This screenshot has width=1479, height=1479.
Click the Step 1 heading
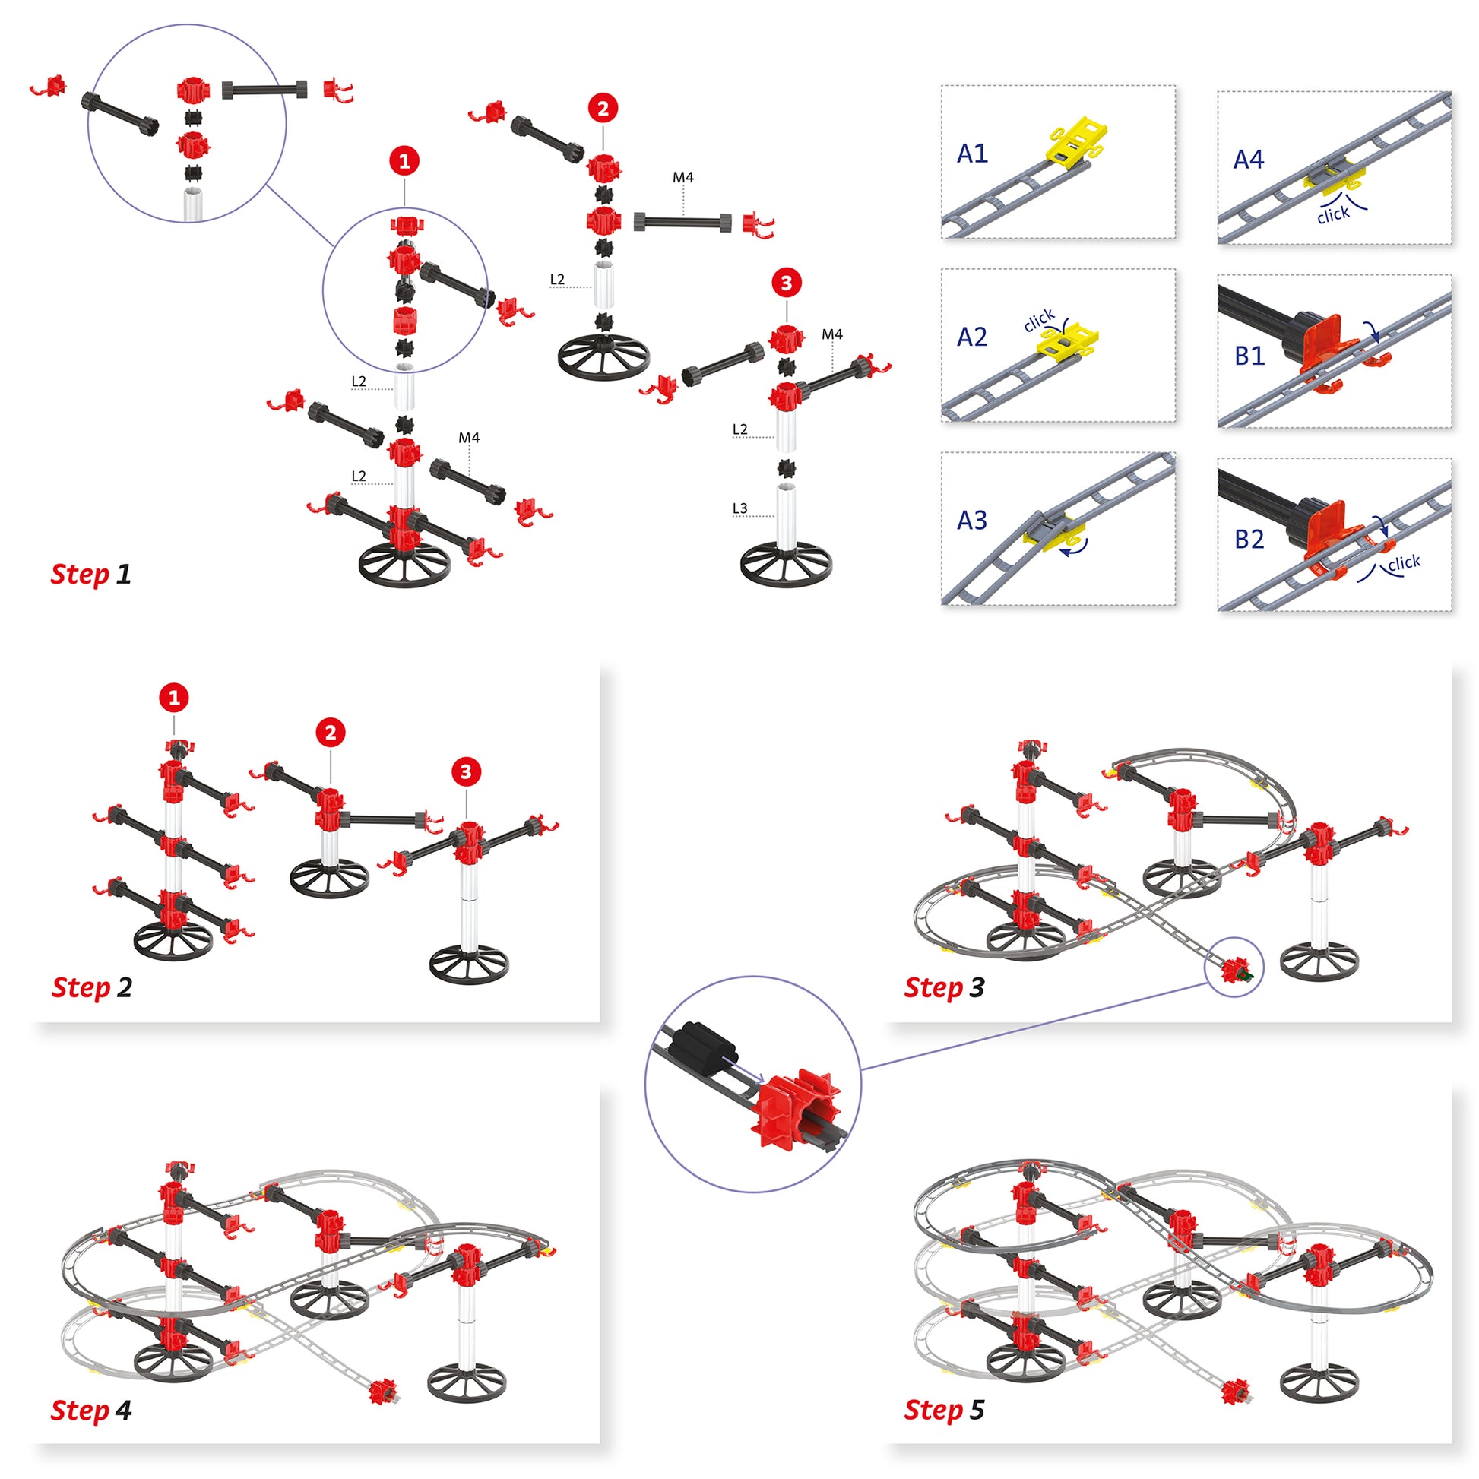tap(90, 574)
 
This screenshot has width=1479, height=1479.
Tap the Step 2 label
tap(91, 987)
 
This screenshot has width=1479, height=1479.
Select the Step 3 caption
tap(944, 987)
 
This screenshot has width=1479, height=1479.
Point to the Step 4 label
tap(90, 1410)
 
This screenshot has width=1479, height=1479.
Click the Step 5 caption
tap(944, 1410)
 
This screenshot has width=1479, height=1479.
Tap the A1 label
tap(972, 154)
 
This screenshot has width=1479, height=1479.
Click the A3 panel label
tap(972, 521)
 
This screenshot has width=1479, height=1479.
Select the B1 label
tap(1249, 356)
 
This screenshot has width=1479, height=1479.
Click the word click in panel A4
tap(1333, 215)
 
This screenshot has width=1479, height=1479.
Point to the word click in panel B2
tap(1404, 563)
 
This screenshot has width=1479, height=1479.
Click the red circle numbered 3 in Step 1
tap(786, 283)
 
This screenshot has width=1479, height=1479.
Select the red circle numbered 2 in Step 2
tap(331, 733)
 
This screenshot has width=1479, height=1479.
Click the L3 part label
tap(739, 508)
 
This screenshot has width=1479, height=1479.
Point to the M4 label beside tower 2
tap(682, 178)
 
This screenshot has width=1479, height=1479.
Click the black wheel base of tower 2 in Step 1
tap(604, 356)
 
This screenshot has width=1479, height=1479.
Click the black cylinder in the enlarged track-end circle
tap(701, 1045)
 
